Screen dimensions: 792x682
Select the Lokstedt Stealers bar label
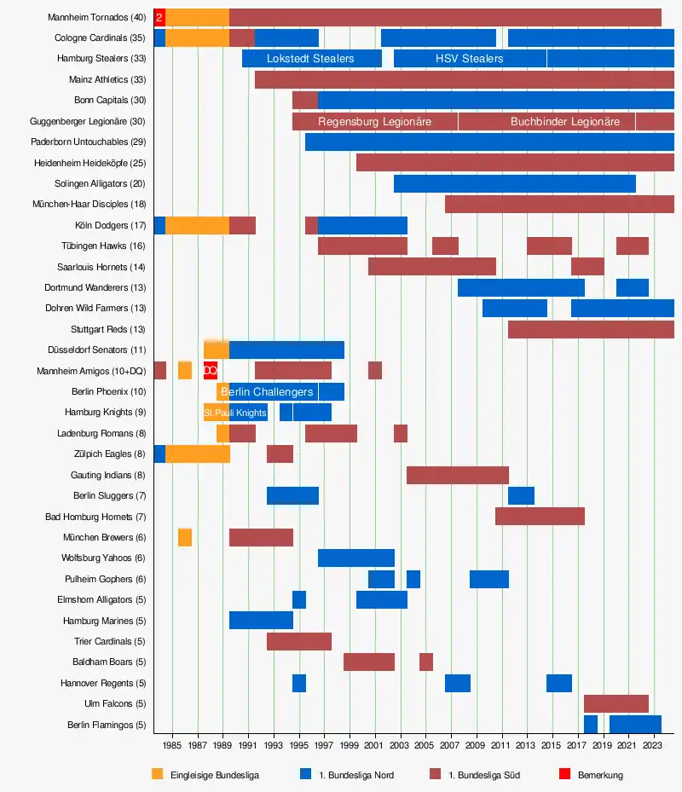click(x=310, y=59)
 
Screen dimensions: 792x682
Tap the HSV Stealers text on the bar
click(x=469, y=59)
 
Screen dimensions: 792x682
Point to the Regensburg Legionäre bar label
click(x=374, y=122)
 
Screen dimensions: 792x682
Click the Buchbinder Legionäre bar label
click(x=565, y=122)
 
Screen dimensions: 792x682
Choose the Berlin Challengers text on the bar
click(x=267, y=392)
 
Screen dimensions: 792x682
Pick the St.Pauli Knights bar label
click(x=235, y=413)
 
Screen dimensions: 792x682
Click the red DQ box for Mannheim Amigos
click(x=211, y=371)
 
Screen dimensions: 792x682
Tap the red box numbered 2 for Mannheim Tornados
click(x=159, y=17)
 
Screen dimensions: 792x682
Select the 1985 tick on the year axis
click(x=172, y=744)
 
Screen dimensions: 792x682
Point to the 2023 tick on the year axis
click(x=652, y=744)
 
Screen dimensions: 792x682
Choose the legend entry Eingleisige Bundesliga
click(x=214, y=775)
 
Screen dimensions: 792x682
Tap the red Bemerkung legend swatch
click(x=564, y=774)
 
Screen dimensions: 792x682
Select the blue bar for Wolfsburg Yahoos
click(x=356, y=558)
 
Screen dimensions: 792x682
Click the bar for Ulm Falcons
click(x=616, y=703)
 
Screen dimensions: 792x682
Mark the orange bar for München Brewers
click(x=185, y=537)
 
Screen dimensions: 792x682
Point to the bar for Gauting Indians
click(x=458, y=475)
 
